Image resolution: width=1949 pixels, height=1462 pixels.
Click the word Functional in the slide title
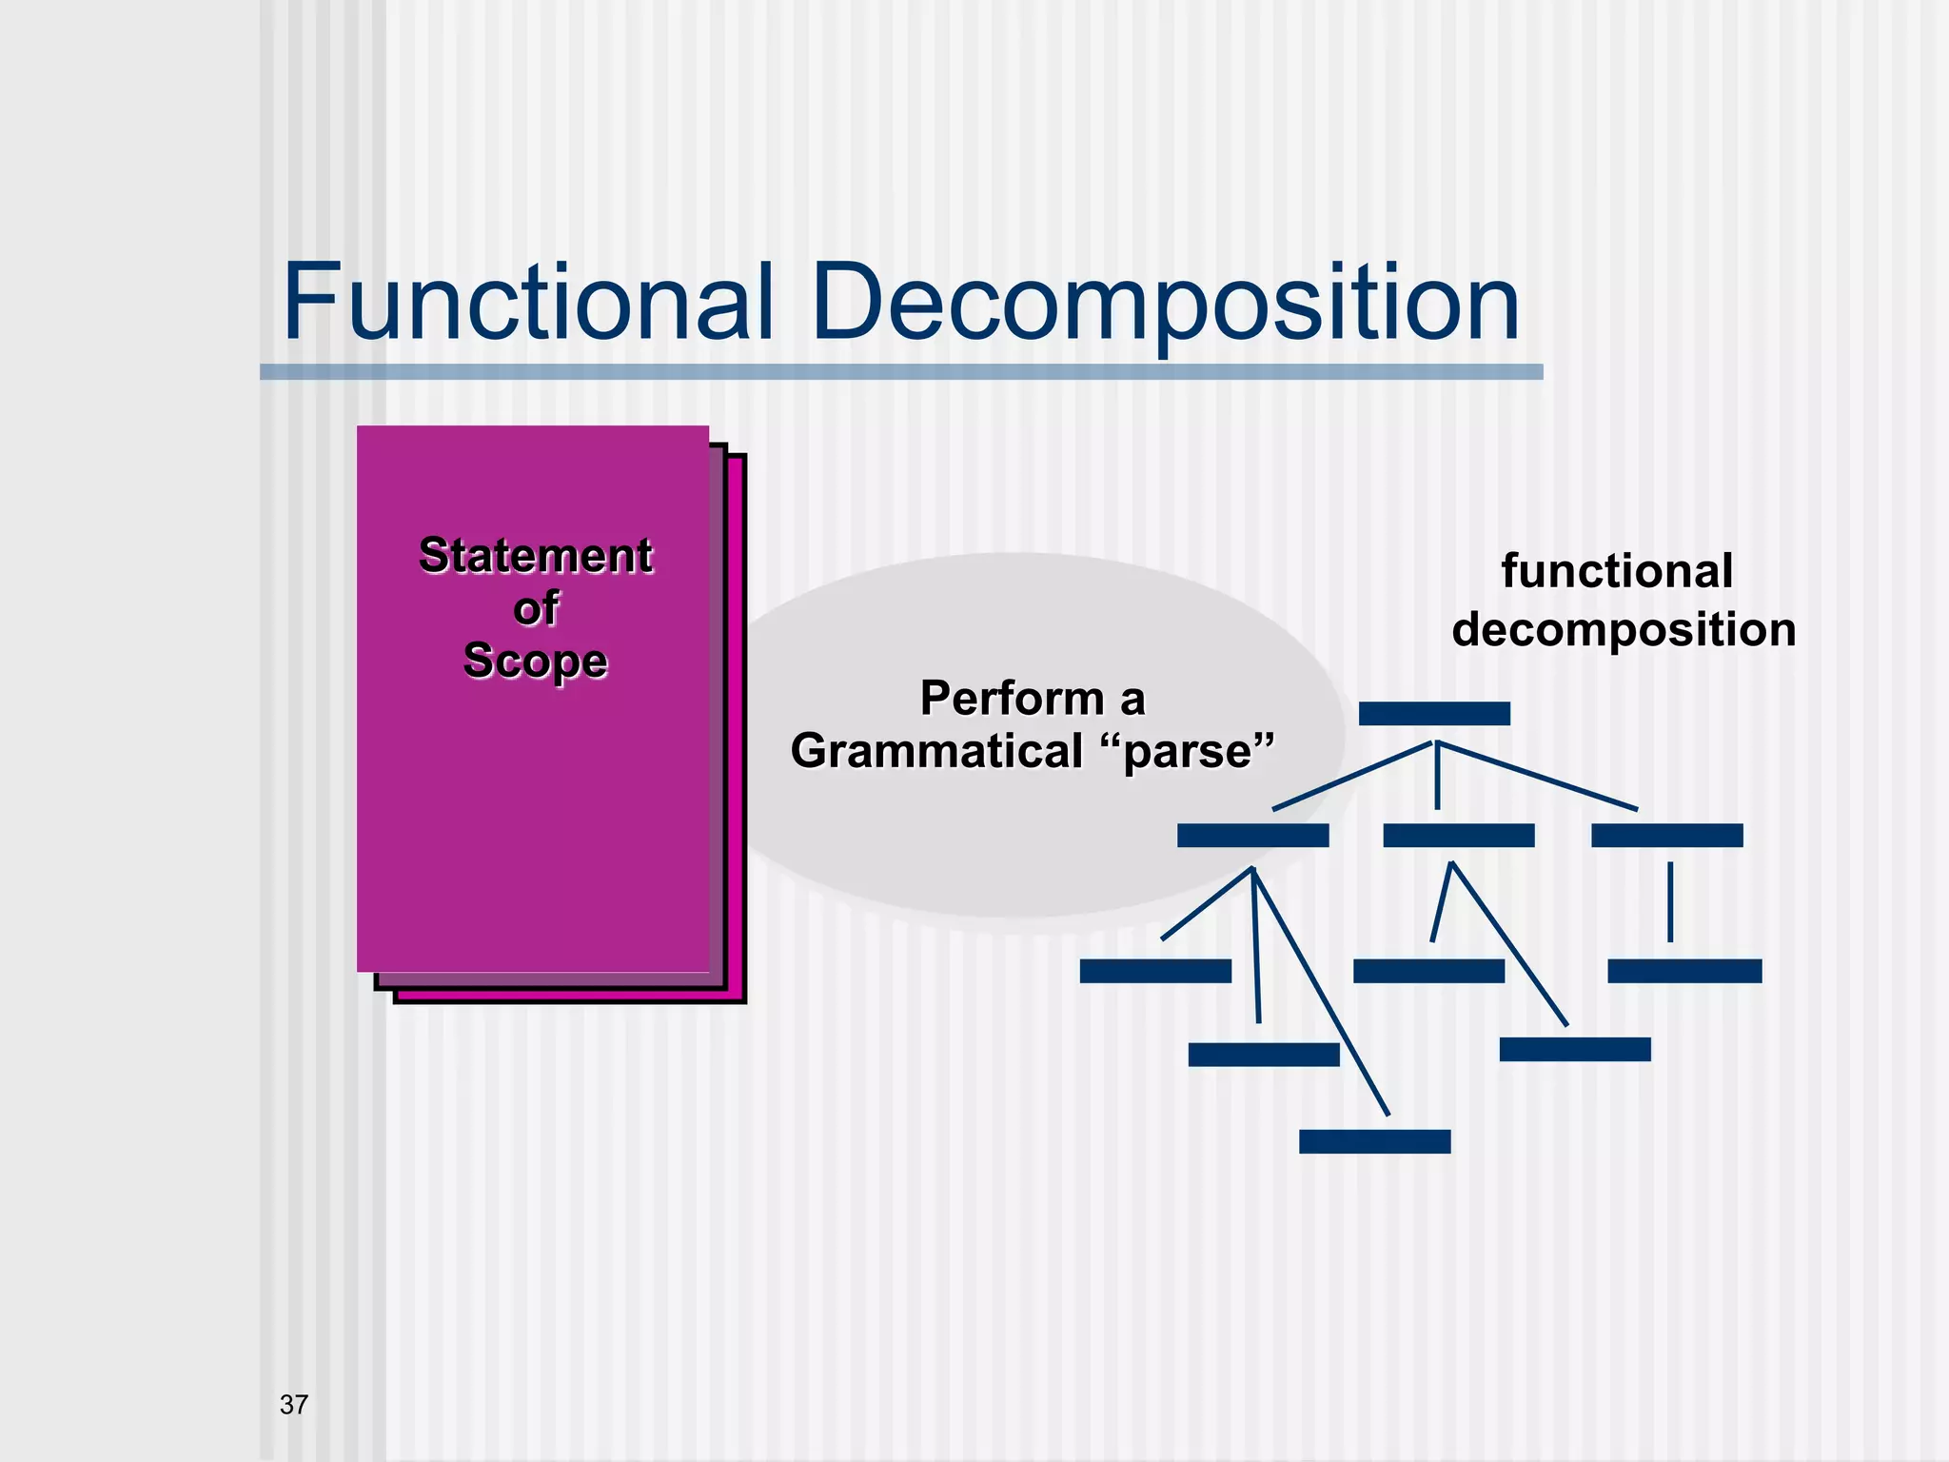click(527, 303)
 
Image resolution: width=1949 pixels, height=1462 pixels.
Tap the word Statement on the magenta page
click(536, 556)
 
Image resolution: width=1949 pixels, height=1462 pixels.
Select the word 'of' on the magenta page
click(536, 609)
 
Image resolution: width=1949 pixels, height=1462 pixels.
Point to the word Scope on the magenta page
click(535, 662)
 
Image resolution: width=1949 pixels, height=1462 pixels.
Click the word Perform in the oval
click(1011, 699)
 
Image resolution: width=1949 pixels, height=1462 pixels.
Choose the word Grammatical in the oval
click(937, 751)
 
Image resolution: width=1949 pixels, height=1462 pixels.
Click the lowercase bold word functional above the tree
click(1617, 572)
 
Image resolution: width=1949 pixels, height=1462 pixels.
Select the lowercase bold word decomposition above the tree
click(1624, 630)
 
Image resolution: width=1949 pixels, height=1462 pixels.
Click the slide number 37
click(294, 1405)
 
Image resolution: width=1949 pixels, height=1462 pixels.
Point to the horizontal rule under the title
click(901, 372)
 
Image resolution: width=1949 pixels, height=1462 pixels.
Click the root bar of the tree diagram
click(1434, 714)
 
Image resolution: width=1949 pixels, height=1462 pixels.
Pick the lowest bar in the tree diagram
click(1374, 1141)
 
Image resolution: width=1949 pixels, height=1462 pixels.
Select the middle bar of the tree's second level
click(1458, 836)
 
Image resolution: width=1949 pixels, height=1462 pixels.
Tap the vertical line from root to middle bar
click(1437, 776)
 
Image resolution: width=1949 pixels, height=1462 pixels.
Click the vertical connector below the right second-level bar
click(1670, 901)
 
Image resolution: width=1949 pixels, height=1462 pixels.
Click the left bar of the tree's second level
click(1252, 836)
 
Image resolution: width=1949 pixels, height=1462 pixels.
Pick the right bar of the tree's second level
click(1666, 836)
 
